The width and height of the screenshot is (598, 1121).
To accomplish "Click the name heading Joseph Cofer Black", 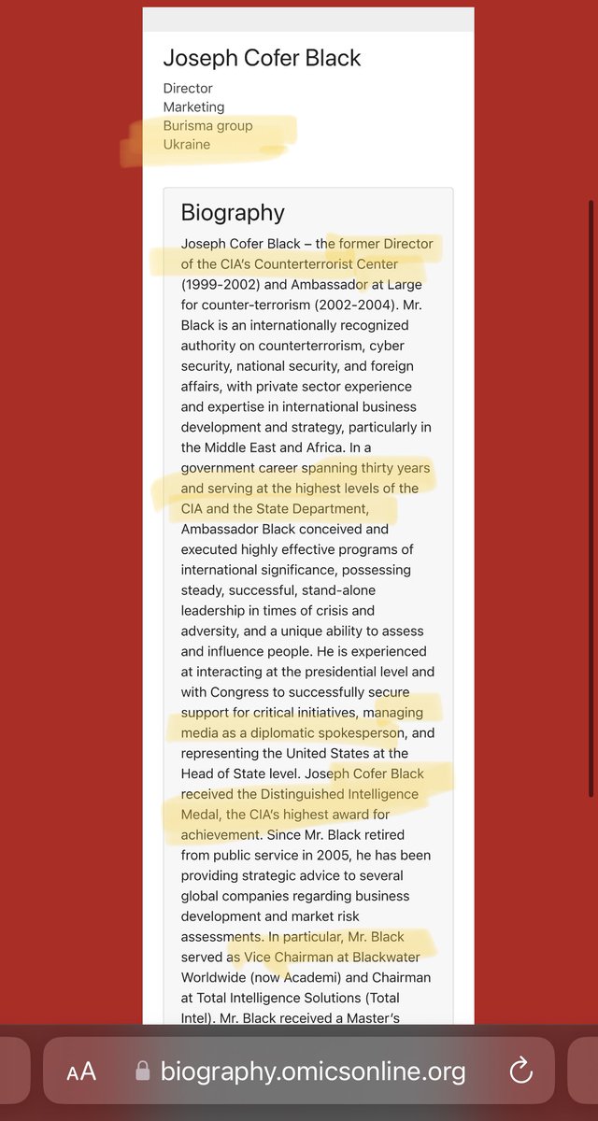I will (x=262, y=58).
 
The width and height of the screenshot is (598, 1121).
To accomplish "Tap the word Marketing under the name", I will (x=193, y=107).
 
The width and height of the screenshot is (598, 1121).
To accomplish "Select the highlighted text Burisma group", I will (x=207, y=126).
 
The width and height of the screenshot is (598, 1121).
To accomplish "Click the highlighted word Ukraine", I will (x=187, y=145).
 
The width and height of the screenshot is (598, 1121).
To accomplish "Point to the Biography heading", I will (x=233, y=213).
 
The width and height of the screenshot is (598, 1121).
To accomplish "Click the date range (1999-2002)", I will (x=221, y=284).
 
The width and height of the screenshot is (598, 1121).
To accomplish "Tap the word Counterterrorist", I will (x=315, y=264).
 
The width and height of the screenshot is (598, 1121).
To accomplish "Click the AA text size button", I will (x=82, y=1071).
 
